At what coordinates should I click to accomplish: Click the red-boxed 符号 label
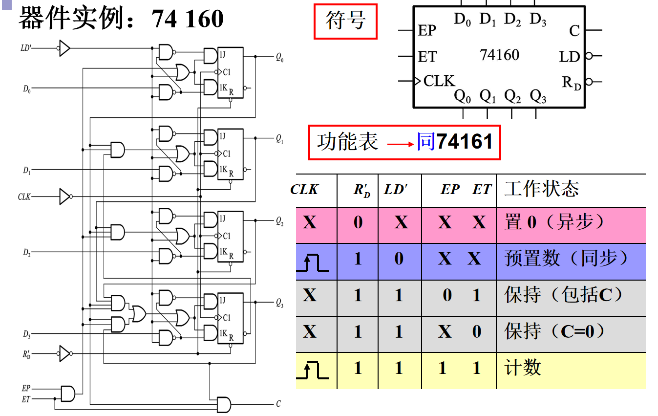(x=345, y=21)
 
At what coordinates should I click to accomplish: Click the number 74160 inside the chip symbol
(x=499, y=54)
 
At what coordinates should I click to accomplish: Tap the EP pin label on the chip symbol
(x=427, y=30)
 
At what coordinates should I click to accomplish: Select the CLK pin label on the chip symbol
(x=439, y=81)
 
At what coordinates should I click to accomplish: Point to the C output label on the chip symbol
(x=574, y=31)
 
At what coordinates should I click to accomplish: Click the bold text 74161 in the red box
(x=465, y=142)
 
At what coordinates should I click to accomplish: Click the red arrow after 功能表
(x=401, y=144)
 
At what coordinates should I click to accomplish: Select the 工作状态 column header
(x=541, y=189)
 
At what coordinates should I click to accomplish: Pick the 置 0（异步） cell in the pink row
(x=554, y=222)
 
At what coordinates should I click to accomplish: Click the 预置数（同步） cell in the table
(x=567, y=259)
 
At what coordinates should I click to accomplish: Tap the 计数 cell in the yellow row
(x=523, y=368)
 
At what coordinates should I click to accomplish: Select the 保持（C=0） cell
(x=555, y=331)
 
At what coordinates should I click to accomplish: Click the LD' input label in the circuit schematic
(x=26, y=48)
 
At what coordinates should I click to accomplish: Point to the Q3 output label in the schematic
(x=279, y=304)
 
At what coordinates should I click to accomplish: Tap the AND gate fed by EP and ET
(x=68, y=393)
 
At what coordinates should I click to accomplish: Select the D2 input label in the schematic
(x=26, y=253)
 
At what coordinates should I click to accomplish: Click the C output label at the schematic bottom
(x=278, y=404)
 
